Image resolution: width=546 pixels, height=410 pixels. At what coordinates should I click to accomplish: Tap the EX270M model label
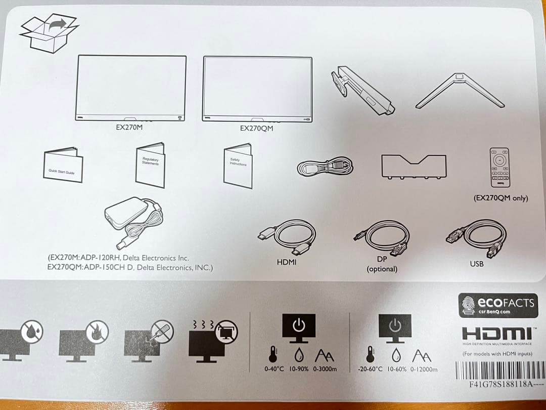129,128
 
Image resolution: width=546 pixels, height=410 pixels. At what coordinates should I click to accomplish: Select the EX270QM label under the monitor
256,128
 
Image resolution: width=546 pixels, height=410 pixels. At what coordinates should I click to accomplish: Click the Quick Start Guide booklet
63,166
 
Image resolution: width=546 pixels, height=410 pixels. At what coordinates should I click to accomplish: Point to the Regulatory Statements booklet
150,165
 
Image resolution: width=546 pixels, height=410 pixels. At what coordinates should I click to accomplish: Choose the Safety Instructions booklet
238,166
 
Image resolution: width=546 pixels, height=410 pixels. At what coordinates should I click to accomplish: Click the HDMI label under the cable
287,262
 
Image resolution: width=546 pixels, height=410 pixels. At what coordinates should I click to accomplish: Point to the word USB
476,264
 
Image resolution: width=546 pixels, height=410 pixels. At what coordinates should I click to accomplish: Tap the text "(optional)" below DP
382,269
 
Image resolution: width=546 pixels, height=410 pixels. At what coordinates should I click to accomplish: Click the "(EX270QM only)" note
500,198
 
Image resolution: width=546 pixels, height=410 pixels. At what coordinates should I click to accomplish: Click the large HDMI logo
497,334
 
